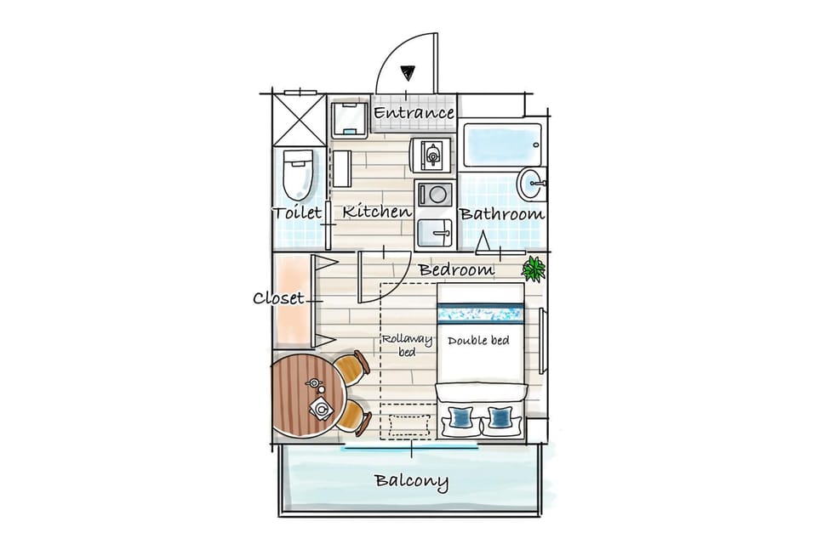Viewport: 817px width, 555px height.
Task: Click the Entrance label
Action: click(x=414, y=113)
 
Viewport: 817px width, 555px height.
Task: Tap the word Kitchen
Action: click(x=377, y=212)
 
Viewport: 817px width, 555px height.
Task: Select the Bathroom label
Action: click(x=502, y=214)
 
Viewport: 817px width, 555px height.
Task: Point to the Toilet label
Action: click(x=298, y=212)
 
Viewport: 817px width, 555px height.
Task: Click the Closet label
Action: click(x=278, y=298)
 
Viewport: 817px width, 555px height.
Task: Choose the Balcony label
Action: click(x=412, y=481)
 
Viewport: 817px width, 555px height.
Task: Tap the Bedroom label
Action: click(x=457, y=269)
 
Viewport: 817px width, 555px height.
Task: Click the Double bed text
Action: click(x=478, y=341)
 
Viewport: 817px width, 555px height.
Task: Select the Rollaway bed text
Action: click(x=407, y=345)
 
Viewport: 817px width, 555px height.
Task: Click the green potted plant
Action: click(x=534, y=269)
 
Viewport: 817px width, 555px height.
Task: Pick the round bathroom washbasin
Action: click(x=531, y=184)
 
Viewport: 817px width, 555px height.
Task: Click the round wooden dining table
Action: click(x=307, y=394)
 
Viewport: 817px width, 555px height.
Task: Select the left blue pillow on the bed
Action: click(x=460, y=416)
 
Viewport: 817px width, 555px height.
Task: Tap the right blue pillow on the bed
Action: click(x=500, y=416)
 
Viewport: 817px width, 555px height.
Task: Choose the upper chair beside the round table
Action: click(x=352, y=368)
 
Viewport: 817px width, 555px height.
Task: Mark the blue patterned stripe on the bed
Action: click(x=480, y=314)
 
